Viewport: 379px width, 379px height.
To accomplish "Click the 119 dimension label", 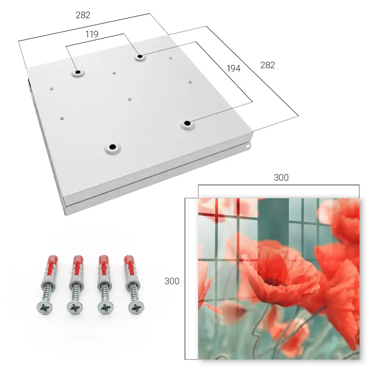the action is coord(92,34).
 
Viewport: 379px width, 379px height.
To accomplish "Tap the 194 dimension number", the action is coord(233,68).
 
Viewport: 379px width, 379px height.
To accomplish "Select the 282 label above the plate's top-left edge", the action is coord(83,15).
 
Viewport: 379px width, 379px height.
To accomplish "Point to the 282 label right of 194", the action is coord(268,65).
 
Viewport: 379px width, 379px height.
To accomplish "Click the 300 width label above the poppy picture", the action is coord(281,178).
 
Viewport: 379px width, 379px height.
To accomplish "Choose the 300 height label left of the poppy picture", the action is coord(172,281).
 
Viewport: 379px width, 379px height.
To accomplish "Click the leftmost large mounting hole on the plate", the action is coord(78,72).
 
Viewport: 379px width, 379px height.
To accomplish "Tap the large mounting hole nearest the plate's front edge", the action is coord(113,147).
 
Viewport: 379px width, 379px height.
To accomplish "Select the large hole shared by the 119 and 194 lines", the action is coord(140,57).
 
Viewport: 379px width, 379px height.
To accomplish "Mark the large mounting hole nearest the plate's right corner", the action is coord(187,123).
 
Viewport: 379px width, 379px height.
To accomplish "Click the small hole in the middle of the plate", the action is coord(130,99).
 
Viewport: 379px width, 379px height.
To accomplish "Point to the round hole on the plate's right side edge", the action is coord(248,146).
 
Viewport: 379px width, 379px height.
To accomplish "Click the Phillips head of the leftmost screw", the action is coord(45,308).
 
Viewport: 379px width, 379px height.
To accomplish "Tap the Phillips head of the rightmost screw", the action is coord(136,308).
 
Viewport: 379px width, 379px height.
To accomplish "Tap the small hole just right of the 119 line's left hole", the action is coord(114,72).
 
